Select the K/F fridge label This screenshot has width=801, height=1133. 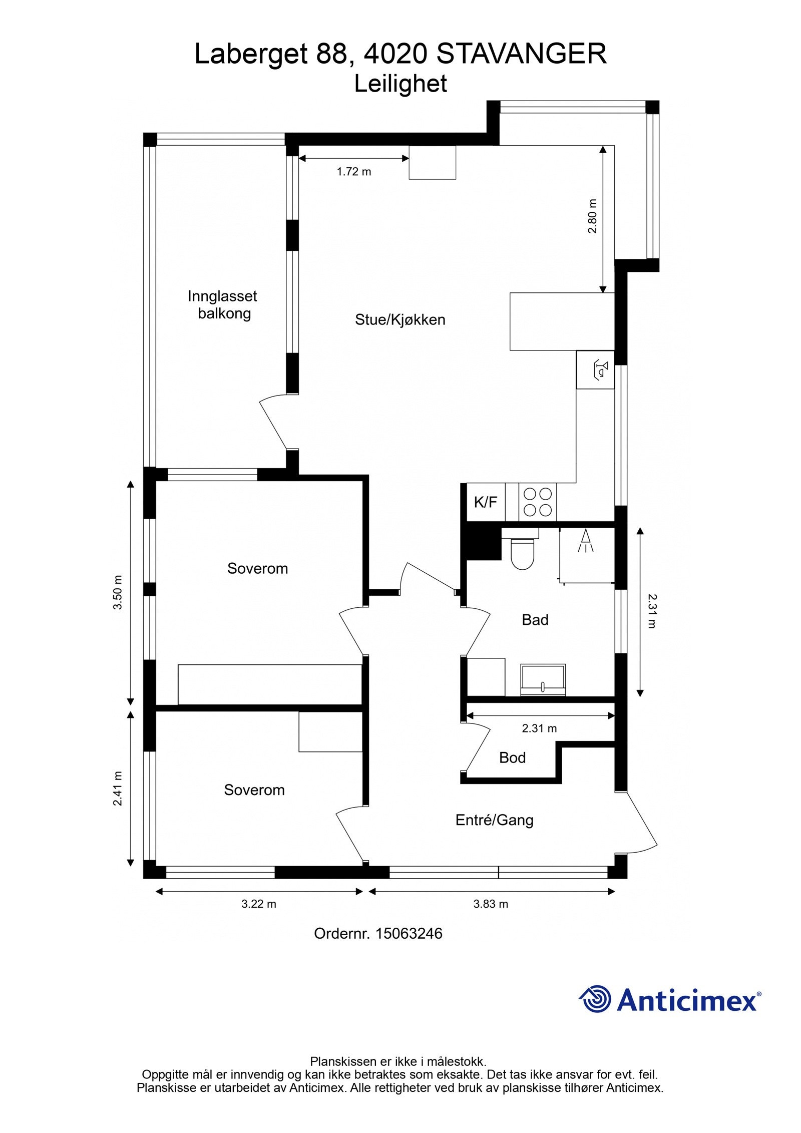(x=485, y=502)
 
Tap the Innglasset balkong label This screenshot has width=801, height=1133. (x=223, y=305)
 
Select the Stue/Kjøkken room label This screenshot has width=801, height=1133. (x=399, y=320)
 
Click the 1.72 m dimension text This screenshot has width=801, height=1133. (x=353, y=172)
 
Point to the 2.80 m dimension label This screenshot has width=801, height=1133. (x=592, y=216)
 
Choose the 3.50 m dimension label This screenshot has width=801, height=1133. (x=118, y=592)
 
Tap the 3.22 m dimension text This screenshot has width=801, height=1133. (x=259, y=904)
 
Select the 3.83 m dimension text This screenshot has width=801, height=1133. (x=491, y=904)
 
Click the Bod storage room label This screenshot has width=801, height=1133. (x=512, y=758)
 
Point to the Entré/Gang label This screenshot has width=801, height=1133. (x=494, y=820)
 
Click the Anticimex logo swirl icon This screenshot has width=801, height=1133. (x=595, y=998)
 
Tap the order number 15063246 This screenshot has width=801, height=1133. (x=409, y=933)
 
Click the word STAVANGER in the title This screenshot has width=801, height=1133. (x=521, y=54)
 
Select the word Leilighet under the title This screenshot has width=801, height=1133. (x=400, y=84)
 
